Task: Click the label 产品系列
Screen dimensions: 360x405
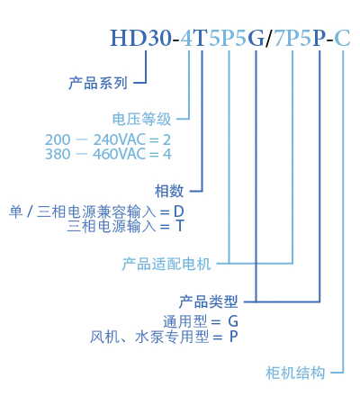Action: pyautogui.click(x=98, y=83)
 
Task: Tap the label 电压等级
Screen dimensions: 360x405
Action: pyautogui.click(x=141, y=119)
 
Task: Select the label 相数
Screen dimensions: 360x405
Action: pyautogui.click(x=169, y=191)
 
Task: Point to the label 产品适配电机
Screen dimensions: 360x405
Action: pyautogui.click(x=166, y=264)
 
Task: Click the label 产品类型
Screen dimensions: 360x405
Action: pyautogui.click(x=209, y=301)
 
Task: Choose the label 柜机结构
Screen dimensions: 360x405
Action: pyautogui.click(x=295, y=373)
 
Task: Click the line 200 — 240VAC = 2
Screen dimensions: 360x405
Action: pyautogui.click(x=108, y=139)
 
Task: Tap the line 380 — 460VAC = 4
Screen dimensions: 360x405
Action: pyautogui.click(x=108, y=154)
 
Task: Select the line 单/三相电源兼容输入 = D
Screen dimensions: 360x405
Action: pyautogui.click(x=96, y=211)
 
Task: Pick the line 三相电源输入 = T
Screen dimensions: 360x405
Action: pyautogui.click(x=125, y=226)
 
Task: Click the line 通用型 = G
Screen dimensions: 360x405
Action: pyautogui.click(x=201, y=322)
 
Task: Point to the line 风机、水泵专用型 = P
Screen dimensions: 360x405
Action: pyautogui.click(x=164, y=337)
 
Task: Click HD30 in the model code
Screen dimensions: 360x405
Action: pyautogui.click(x=140, y=38)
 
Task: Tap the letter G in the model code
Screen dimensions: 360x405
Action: pyautogui.click(x=256, y=39)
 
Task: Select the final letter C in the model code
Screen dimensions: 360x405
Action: pyautogui.click(x=342, y=39)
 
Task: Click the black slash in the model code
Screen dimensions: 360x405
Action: pyautogui.click(x=269, y=39)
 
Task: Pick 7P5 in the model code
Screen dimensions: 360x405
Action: pyautogui.click(x=292, y=39)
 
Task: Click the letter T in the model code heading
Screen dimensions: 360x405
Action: pyautogui.click(x=201, y=38)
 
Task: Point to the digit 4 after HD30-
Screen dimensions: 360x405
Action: pyautogui.click(x=187, y=38)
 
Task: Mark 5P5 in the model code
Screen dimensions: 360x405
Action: pyautogui.click(x=228, y=39)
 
